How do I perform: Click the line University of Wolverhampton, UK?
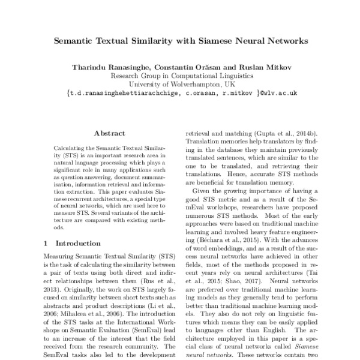(x=180, y=85)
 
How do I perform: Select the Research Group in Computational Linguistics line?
(x=180, y=76)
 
